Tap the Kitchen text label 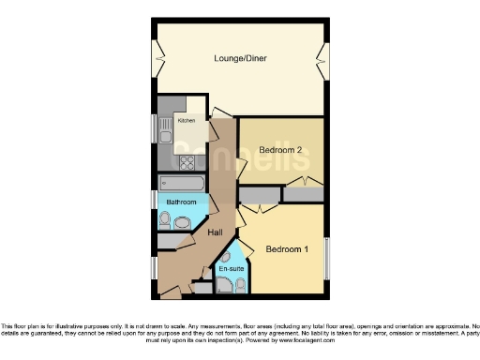point(187,119)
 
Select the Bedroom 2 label point(280,150)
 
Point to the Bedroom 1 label point(286,249)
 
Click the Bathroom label point(181,202)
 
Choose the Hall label point(215,232)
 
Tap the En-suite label point(229,270)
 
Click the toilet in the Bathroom point(165,221)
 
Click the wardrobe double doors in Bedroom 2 point(304,181)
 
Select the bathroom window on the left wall point(155,199)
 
